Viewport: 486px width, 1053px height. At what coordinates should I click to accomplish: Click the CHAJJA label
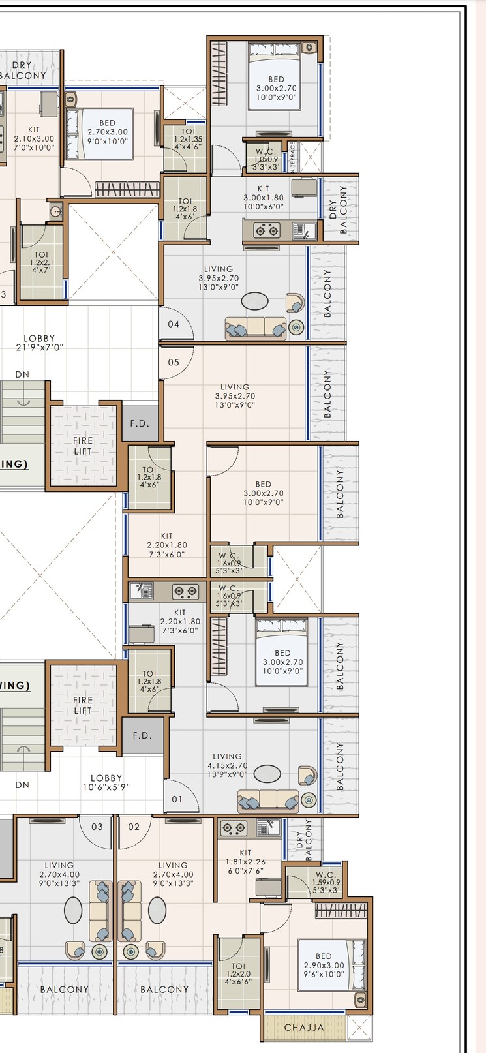point(304,1027)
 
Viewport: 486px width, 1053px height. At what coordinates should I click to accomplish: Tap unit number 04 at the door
point(174,324)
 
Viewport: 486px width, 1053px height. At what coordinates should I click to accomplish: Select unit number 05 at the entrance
point(174,362)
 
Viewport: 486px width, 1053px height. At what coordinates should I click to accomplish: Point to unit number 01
point(177,799)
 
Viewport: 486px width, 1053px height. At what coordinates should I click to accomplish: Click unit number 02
point(134,827)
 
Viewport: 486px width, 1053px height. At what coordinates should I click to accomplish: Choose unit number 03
point(97,827)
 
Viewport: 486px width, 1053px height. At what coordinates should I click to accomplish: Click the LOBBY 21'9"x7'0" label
point(39,343)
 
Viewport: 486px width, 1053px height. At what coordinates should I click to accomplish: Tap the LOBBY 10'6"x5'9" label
point(106,783)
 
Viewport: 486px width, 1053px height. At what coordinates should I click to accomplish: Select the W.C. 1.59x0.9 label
point(326,882)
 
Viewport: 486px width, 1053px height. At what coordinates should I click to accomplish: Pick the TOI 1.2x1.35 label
point(188,139)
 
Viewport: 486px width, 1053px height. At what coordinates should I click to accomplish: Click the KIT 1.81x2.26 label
point(245,861)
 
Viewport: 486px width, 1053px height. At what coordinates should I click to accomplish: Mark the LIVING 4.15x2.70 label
point(227,765)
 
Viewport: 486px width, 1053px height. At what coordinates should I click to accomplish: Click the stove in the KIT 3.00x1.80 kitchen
point(266,230)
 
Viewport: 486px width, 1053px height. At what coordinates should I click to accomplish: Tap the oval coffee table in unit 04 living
point(254,301)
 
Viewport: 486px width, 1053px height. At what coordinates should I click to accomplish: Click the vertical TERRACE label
point(293,157)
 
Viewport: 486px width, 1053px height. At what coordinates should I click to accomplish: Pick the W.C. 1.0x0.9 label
point(266,159)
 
